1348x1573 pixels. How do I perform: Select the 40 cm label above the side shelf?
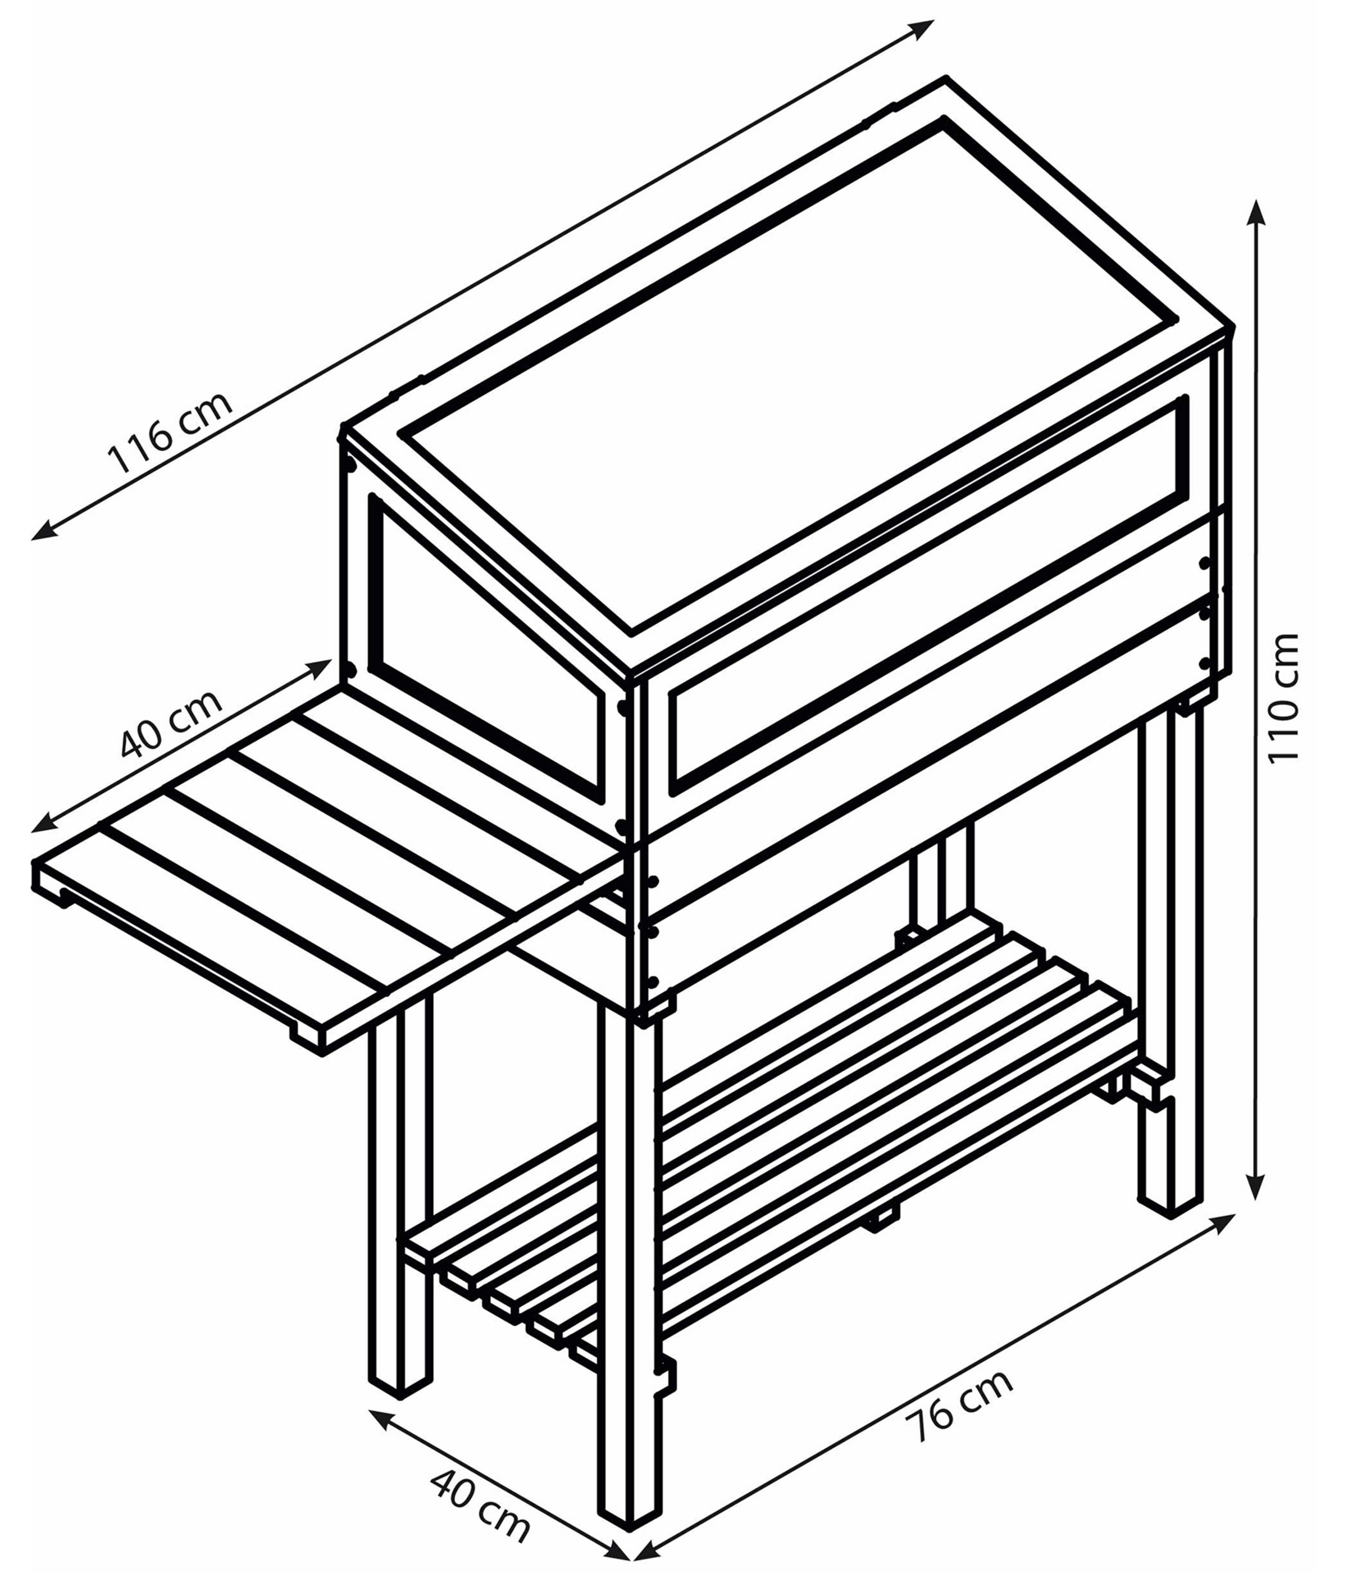172,723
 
